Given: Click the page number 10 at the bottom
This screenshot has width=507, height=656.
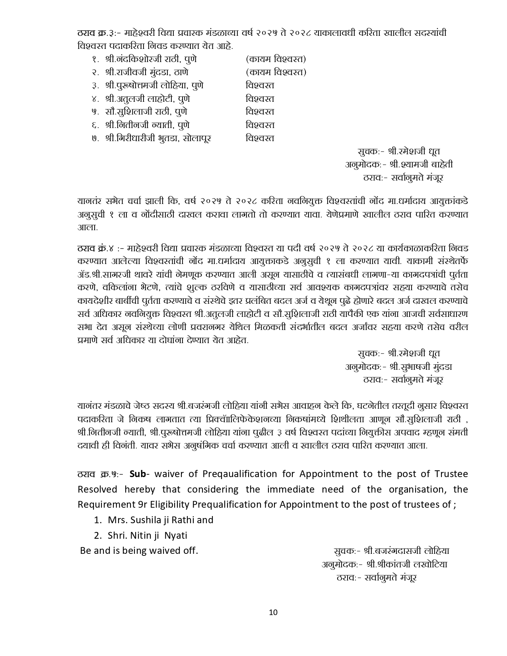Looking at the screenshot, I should click(273, 612).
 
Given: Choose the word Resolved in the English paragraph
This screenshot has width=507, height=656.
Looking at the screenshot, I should click(97, 489).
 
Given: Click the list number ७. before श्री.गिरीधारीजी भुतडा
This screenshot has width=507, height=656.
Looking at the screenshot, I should click(95, 138).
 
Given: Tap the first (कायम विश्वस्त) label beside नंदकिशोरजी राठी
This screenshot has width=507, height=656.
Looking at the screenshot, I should click(276, 59).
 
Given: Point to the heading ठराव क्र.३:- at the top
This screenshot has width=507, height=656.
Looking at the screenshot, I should click(98, 33).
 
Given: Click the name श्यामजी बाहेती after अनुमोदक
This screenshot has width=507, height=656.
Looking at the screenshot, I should click(428, 165).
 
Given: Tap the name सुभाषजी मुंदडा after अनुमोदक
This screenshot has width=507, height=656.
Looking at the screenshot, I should click(427, 367).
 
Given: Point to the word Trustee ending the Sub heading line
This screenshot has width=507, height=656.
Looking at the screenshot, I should click(451, 474).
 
